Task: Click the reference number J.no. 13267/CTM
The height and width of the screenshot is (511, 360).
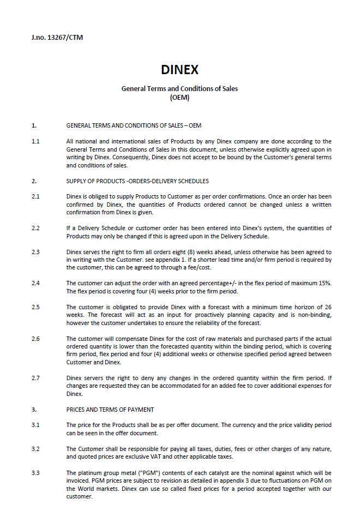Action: coord(57,38)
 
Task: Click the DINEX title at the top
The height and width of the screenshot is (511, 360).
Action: coord(179,70)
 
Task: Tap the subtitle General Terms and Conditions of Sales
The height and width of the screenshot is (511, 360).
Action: coord(179,88)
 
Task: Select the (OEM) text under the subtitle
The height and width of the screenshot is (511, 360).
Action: coord(179,97)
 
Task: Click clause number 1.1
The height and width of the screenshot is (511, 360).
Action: coord(35,142)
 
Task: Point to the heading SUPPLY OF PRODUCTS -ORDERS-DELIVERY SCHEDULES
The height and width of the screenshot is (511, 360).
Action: coord(137,181)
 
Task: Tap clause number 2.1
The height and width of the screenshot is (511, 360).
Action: coord(35,196)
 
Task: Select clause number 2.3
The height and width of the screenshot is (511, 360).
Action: coord(35,253)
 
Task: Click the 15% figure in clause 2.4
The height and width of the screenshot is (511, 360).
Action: coord(325,283)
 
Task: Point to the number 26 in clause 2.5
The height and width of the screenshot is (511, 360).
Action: coord(327,307)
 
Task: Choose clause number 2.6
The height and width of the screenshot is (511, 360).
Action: coord(35,339)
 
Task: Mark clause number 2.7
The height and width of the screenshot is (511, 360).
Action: coord(35,377)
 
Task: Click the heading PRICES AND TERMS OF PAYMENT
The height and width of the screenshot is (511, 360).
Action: coord(110,410)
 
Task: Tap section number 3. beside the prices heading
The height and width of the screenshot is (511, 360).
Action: coord(34,410)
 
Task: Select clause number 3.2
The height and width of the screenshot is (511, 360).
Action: coord(35,449)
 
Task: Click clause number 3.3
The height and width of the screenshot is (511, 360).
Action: coord(35,473)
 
